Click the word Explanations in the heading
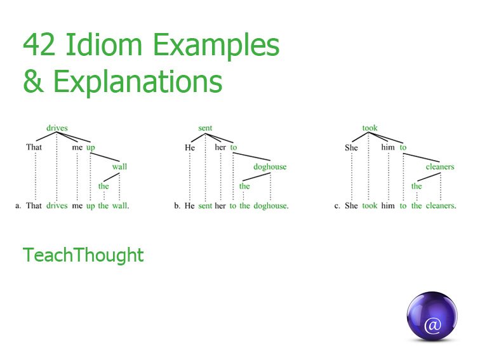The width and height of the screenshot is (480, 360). click(x=137, y=83)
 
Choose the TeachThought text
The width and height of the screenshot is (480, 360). click(x=83, y=255)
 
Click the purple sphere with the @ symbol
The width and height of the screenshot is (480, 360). click(x=432, y=317)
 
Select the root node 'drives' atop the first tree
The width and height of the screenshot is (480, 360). click(x=57, y=128)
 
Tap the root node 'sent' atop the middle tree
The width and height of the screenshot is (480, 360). click(x=205, y=128)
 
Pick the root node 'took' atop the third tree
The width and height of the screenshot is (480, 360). click(x=370, y=128)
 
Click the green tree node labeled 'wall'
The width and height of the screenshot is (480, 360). click(x=119, y=167)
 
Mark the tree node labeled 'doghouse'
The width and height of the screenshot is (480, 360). click(x=270, y=167)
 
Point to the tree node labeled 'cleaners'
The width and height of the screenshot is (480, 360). click(x=440, y=167)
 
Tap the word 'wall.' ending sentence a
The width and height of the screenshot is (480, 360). click(x=121, y=206)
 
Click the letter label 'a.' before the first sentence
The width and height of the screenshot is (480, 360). click(x=18, y=206)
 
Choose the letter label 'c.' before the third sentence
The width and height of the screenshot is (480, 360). click(x=337, y=206)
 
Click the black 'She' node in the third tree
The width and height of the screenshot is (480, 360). click(x=351, y=147)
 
